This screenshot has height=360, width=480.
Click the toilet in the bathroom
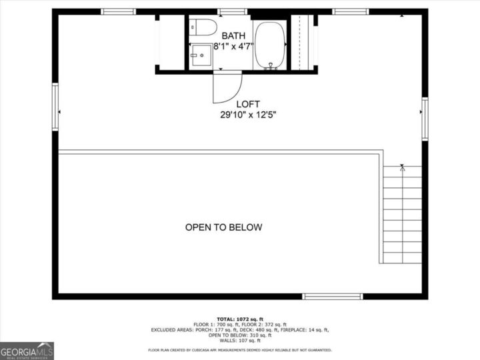click(203, 28)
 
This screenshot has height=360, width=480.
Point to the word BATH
click(233, 35)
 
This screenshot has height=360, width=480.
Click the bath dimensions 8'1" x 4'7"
click(233, 46)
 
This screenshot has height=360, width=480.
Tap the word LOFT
click(248, 104)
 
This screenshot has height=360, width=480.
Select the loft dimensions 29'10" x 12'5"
click(248, 115)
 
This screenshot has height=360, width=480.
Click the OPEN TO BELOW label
click(223, 227)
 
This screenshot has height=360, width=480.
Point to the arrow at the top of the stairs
click(402, 167)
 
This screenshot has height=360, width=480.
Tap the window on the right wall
click(425, 119)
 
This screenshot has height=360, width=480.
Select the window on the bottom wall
click(332, 296)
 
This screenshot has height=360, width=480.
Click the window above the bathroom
click(232, 11)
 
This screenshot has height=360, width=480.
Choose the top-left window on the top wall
click(119, 11)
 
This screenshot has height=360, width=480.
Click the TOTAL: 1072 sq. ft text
click(239, 319)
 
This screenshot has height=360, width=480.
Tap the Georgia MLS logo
click(27, 351)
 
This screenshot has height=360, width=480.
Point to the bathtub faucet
click(271, 65)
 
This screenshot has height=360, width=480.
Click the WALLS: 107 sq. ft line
click(239, 340)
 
